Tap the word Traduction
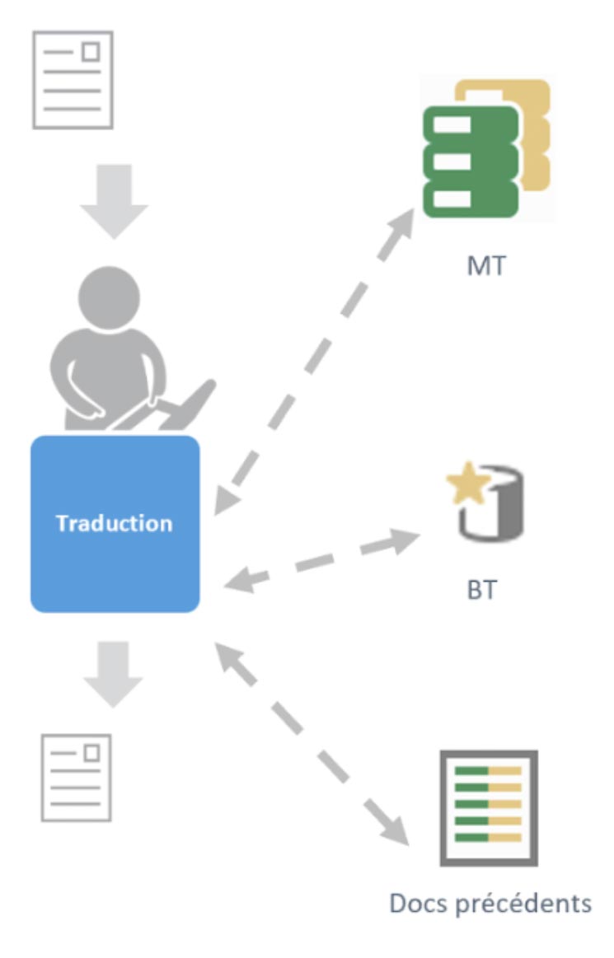point(115,523)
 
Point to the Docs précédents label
point(490,903)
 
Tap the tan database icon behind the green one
point(527,124)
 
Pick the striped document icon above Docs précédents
point(489,807)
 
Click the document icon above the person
point(73,80)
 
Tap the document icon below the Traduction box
point(77,777)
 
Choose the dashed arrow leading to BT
point(321,560)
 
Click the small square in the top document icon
point(91,52)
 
